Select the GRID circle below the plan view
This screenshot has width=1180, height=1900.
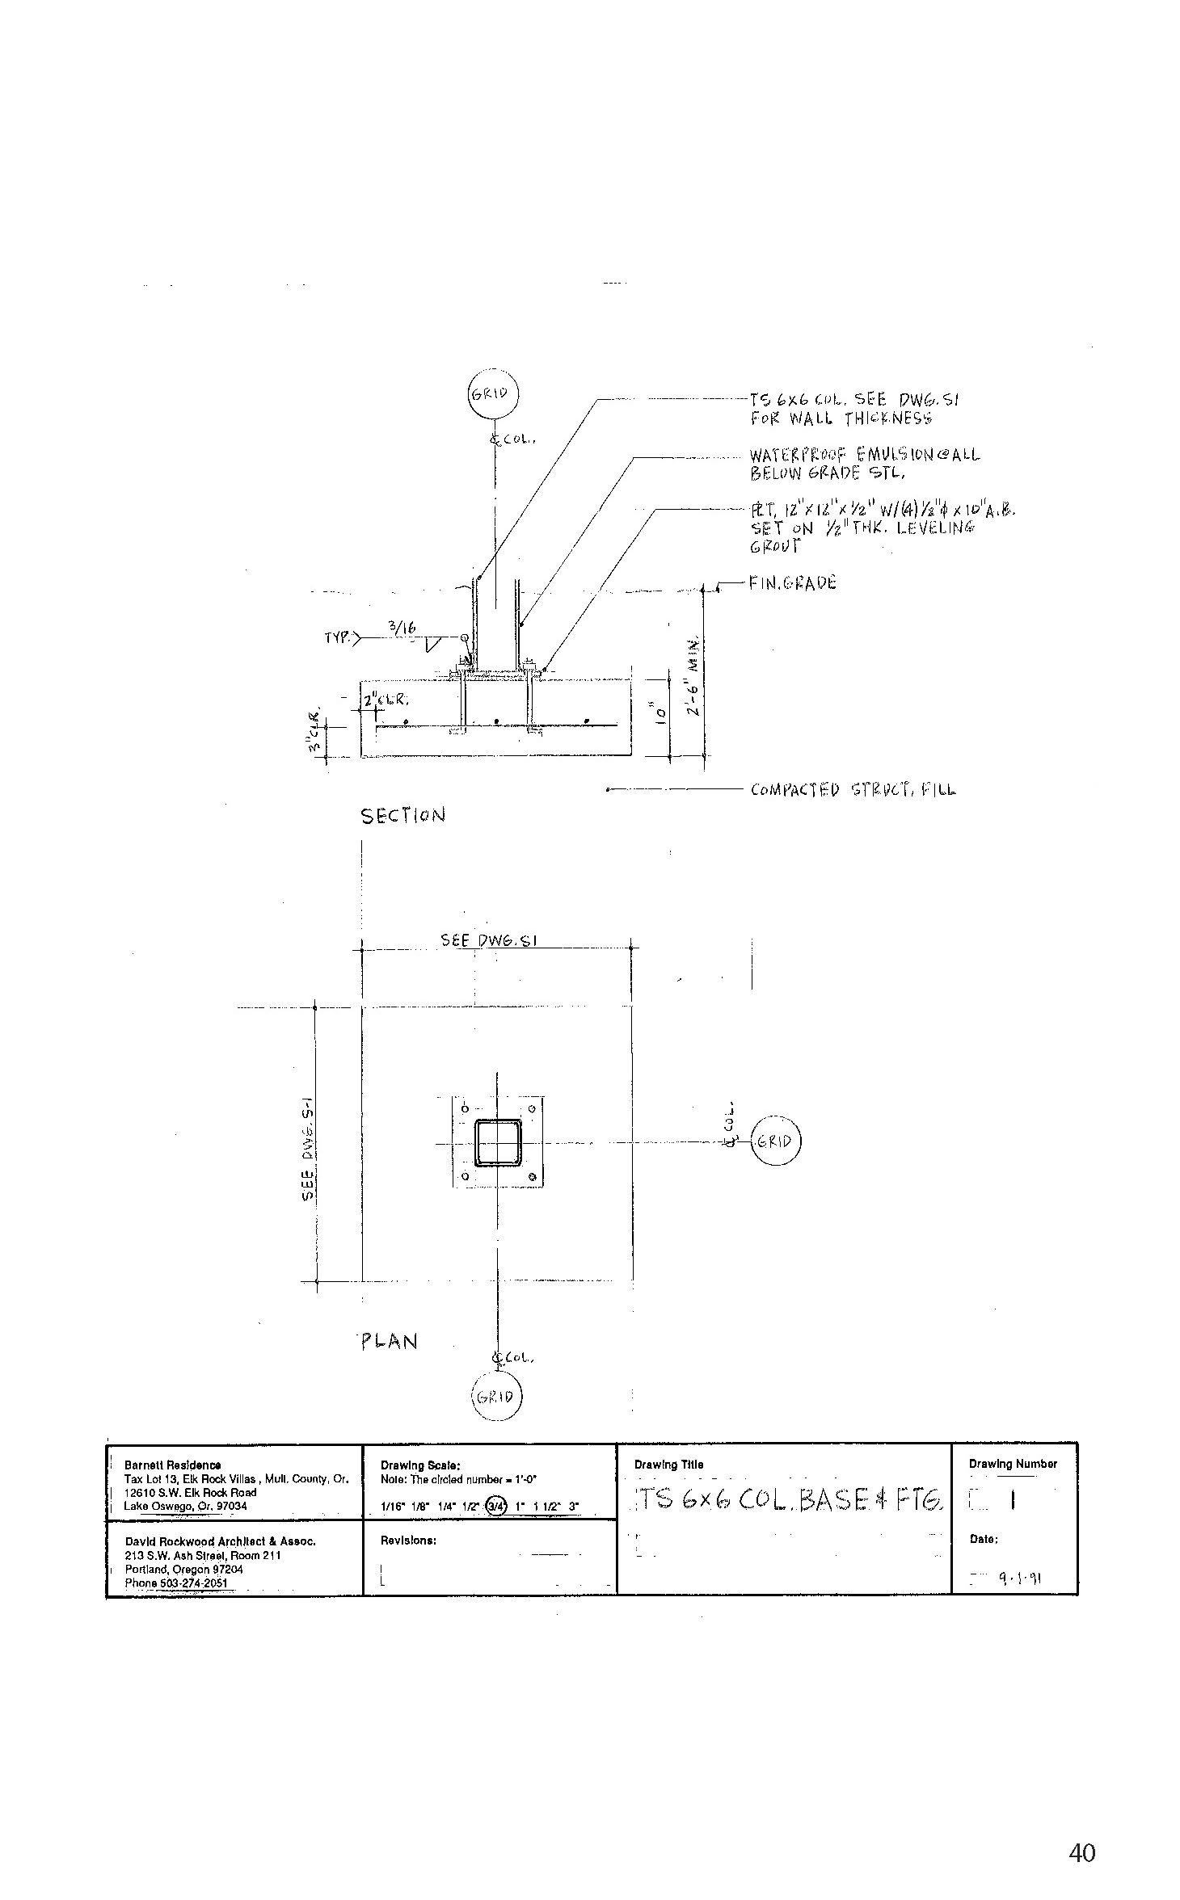click(x=497, y=1397)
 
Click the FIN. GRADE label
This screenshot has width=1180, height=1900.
click(x=791, y=582)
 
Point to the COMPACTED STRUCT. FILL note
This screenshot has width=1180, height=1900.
click(x=853, y=789)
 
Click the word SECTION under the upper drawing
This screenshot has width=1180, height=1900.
click(x=402, y=815)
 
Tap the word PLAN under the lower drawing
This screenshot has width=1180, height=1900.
click(x=389, y=1342)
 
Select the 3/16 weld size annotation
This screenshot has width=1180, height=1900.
click(x=402, y=626)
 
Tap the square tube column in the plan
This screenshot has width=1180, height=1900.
click(x=498, y=1142)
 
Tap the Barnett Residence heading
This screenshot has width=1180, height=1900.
click(x=172, y=1465)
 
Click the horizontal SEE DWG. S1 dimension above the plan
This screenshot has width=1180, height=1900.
click(x=489, y=940)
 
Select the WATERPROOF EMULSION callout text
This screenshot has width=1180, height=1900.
click(x=863, y=463)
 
